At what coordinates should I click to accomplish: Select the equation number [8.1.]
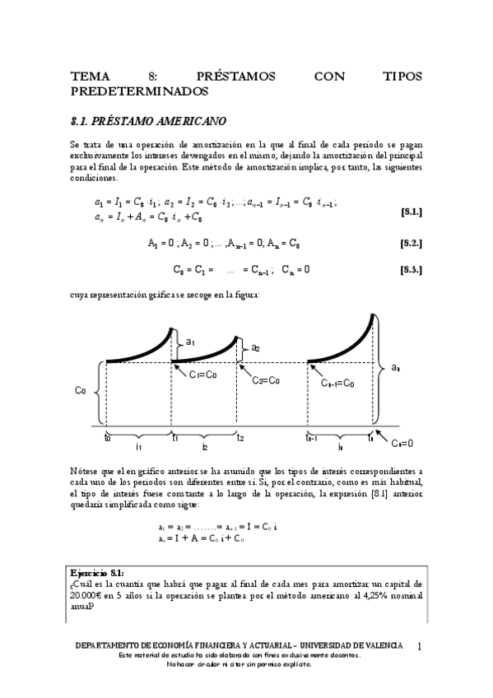[x=411, y=212]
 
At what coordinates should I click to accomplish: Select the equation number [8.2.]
[x=411, y=244]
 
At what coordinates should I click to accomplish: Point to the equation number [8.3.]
[x=411, y=269]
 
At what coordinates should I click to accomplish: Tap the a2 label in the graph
[x=255, y=348]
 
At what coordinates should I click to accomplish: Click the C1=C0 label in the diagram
[x=202, y=375]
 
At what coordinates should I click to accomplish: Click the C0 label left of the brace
[x=80, y=392]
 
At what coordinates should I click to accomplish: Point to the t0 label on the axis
[x=108, y=437]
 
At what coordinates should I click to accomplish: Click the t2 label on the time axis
[x=240, y=438]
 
